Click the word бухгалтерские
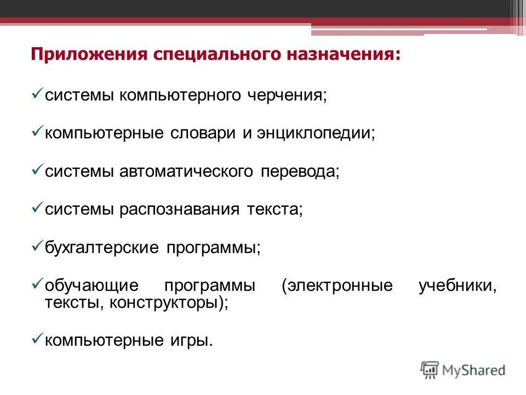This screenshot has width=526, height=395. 102,247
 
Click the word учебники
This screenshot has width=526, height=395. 458,286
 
